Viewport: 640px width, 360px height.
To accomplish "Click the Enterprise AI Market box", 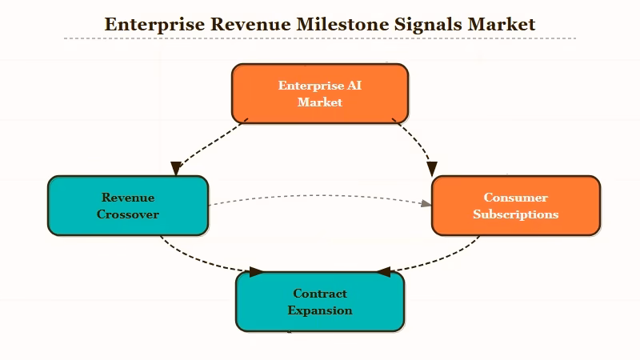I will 320,94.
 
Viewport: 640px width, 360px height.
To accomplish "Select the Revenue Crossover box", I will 128,206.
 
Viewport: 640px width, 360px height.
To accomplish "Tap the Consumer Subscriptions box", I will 515,206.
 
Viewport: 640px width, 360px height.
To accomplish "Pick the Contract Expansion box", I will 320,302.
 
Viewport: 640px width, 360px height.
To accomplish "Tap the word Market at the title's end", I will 501,24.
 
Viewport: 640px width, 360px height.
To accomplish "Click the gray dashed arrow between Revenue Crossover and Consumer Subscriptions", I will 320,195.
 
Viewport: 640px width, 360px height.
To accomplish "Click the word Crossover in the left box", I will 128,214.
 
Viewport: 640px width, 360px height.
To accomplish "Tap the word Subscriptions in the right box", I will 515,214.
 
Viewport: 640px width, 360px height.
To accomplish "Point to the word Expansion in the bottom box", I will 320,310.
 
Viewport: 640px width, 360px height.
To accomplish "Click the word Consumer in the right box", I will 515,198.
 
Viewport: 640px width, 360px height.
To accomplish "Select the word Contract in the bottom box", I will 320,294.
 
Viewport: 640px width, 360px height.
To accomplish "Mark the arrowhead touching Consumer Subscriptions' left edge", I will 426,204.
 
